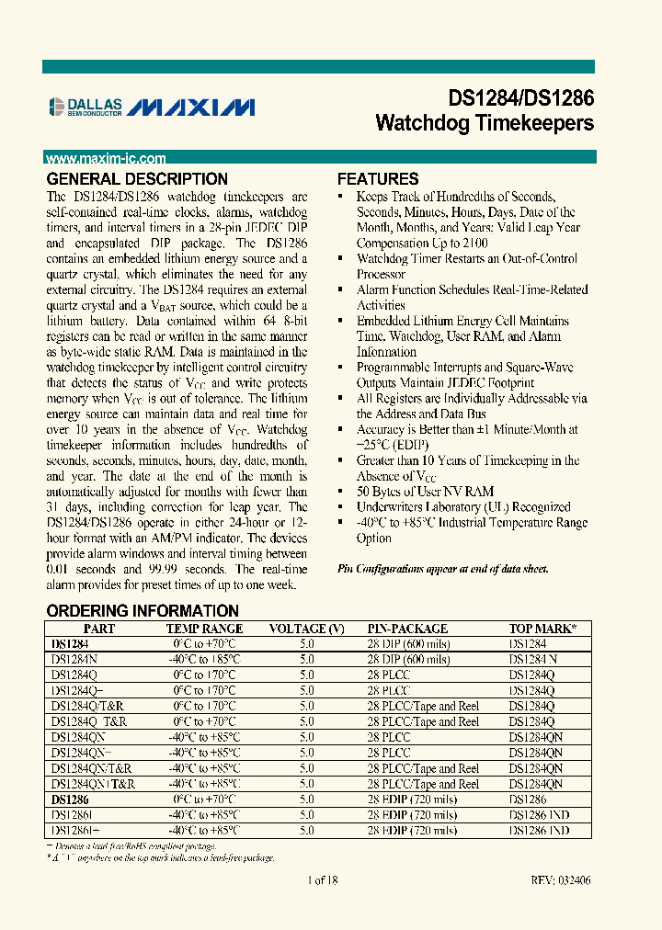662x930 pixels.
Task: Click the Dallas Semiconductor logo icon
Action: coord(57,108)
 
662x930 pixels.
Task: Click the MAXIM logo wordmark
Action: coord(190,108)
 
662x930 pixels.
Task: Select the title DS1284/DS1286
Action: coord(520,98)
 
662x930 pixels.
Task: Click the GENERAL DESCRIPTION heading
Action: coord(137,179)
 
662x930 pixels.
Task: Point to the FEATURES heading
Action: coord(378,179)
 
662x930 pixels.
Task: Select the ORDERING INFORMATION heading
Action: coord(143,611)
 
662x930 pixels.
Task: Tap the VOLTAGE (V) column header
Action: coord(306,629)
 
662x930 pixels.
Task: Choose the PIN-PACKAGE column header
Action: coord(407,629)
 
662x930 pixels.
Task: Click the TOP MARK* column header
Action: coord(542,629)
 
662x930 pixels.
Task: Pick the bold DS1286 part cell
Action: coord(70,800)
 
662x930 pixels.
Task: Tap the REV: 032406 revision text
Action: coord(560,880)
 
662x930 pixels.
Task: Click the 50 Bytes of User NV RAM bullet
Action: coord(425,492)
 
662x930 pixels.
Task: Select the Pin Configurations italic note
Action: coord(442,569)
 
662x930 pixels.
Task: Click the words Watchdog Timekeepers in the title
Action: coord(485,123)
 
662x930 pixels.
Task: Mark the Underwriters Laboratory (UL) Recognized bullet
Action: coord(463,507)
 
